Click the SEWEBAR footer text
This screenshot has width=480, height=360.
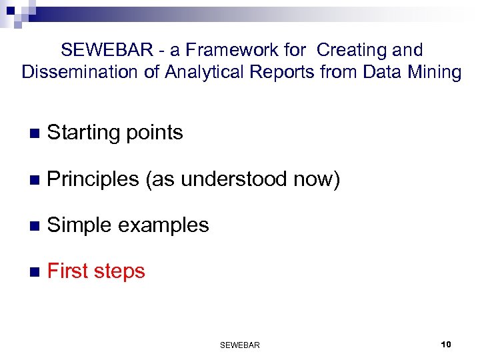tap(239, 345)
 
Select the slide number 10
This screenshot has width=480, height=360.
tap(446, 344)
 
